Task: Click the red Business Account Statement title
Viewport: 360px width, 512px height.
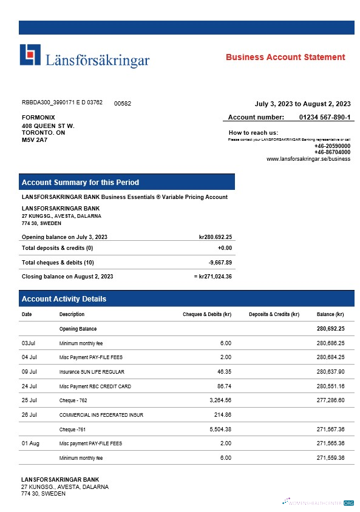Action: pyautogui.click(x=285, y=57)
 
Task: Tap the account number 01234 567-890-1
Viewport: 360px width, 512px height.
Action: pyautogui.click(x=325, y=116)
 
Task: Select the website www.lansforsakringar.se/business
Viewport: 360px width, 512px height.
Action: pyautogui.click(x=308, y=159)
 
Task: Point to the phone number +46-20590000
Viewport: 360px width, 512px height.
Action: pyautogui.click(x=332, y=146)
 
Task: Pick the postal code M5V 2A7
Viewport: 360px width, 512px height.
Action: pyautogui.click(x=35, y=140)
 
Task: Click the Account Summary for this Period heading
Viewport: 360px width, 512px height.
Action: pyautogui.click(x=80, y=182)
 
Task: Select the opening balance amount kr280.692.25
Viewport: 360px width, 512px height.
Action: pyautogui.click(x=216, y=237)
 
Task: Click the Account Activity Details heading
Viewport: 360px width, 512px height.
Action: pyautogui.click(x=64, y=298)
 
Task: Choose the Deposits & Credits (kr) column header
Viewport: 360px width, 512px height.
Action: pyautogui.click(x=274, y=314)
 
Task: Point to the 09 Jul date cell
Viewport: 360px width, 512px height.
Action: pyautogui.click(x=29, y=371)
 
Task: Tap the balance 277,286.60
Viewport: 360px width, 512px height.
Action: pyautogui.click(x=330, y=400)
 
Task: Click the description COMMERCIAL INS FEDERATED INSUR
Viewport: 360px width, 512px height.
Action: pyautogui.click(x=101, y=415)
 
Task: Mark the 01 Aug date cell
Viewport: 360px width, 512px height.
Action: pyautogui.click(x=30, y=443)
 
